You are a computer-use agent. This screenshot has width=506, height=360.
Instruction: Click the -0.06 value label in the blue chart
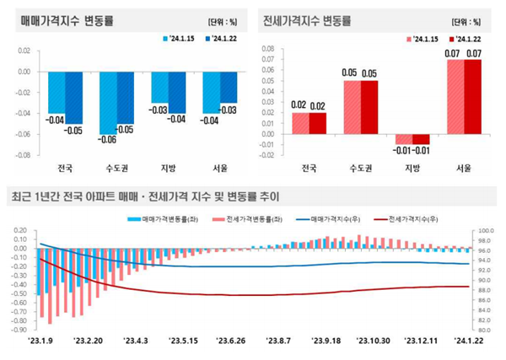tap(107, 139)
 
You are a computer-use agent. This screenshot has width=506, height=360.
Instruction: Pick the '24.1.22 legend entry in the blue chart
tap(213, 39)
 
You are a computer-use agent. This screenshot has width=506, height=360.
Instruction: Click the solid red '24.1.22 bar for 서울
tap(474, 96)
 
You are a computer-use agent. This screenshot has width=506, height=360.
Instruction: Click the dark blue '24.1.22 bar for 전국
tap(73, 97)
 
